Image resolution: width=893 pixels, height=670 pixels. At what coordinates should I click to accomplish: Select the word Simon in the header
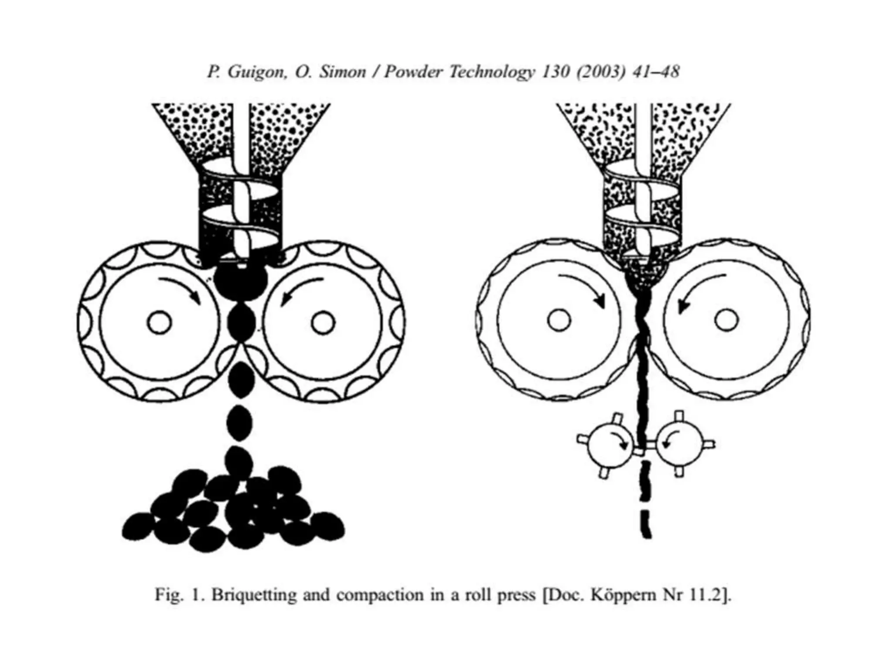coord(343,72)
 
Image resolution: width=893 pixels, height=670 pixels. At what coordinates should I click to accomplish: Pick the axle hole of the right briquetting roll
coord(323,323)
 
